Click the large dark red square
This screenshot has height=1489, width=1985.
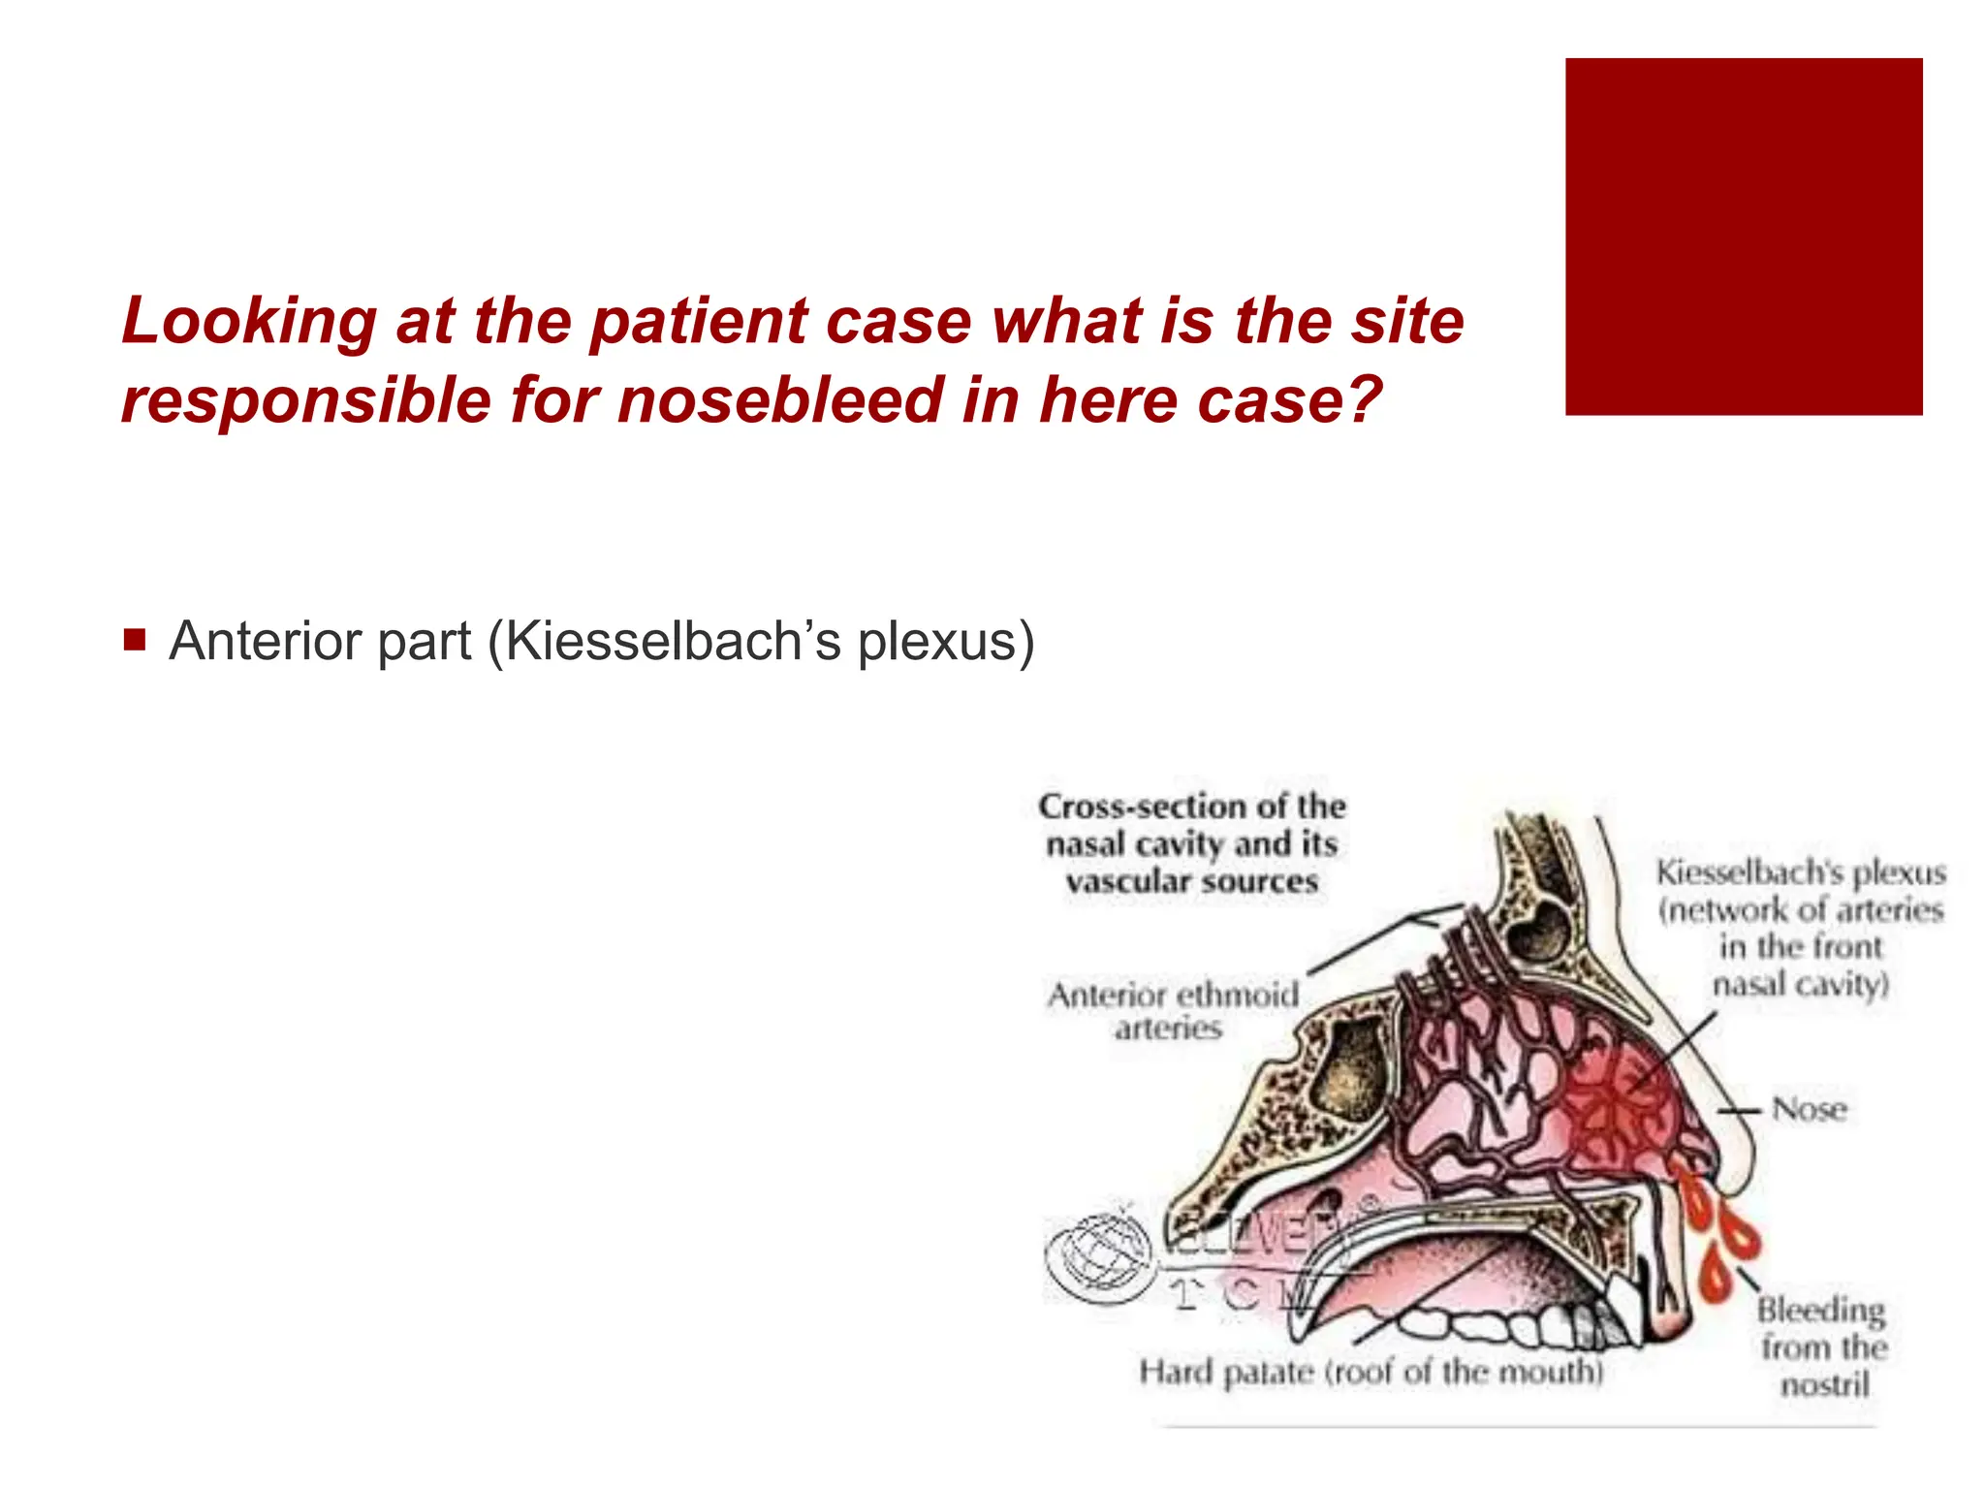point(1743,237)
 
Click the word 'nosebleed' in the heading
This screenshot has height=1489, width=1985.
point(781,400)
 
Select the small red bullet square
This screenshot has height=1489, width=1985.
point(135,641)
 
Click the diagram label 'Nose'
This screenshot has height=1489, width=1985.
point(1809,1109)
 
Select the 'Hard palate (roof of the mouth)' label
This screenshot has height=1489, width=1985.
point(1371,1372)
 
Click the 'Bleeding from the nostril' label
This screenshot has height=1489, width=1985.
point(1822,1347)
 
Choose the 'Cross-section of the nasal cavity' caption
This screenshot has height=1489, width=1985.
point(1192,843)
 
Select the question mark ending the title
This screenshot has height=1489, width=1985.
point(1363,400)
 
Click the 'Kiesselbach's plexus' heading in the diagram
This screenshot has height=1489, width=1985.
point(1801,872)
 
